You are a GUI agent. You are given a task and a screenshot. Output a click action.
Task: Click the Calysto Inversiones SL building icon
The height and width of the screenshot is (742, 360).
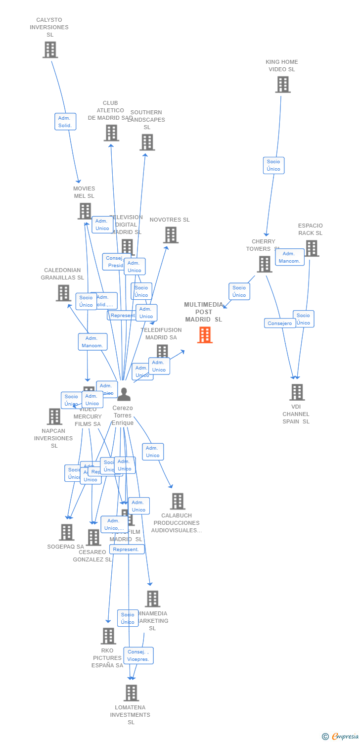click(x=50, y=50)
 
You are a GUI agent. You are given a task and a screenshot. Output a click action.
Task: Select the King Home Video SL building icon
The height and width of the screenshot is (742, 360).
click(x=283, y=85)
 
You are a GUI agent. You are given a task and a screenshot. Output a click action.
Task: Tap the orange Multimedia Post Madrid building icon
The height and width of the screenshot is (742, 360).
click(x=205, y=335)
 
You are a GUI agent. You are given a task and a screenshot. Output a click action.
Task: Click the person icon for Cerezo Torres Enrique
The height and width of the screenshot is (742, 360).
click(x=124, y=394)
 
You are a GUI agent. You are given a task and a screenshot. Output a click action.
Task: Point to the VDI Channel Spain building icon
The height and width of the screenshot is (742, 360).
click(x=297, y=392)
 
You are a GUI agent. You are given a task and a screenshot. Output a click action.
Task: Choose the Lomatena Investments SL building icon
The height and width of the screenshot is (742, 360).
click(x=131, y=693)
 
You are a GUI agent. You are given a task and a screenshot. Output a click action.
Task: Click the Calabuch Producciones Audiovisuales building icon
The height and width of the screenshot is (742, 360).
click(x=178, y=501)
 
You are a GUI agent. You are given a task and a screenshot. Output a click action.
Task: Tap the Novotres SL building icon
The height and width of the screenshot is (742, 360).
click(x=171, y=235)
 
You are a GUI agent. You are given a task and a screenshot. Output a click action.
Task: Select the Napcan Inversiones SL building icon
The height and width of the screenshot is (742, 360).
click(x=54, y=417)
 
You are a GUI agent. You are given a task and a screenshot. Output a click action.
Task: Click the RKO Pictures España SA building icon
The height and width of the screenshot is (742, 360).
click(x=108, y=636)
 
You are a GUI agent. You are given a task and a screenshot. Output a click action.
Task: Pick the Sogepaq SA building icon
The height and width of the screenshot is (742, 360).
click(x=66, y=532)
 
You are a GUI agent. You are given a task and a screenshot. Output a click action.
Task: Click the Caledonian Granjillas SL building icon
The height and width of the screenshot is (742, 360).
click(x=63, y=293)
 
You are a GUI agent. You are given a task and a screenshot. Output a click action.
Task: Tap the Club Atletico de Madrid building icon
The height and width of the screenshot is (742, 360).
click(x=111, y=133)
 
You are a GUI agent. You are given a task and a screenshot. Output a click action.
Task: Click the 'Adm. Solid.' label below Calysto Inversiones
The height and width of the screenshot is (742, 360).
click(x=65, y=122)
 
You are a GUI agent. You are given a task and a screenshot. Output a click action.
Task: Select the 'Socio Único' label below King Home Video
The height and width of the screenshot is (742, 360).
click(x=273, y=165)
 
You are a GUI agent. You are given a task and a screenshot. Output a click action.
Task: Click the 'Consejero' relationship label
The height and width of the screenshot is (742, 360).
click(x=280, y=324)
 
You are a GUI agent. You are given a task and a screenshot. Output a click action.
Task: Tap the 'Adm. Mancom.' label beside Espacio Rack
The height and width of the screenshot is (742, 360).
click(x=289, y=257)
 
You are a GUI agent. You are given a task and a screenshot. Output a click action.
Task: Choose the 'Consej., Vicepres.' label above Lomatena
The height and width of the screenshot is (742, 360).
click(x=138, y=655)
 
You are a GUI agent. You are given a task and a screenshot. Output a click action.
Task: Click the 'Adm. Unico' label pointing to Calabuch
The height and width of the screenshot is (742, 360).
click(x=153, y=452)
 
